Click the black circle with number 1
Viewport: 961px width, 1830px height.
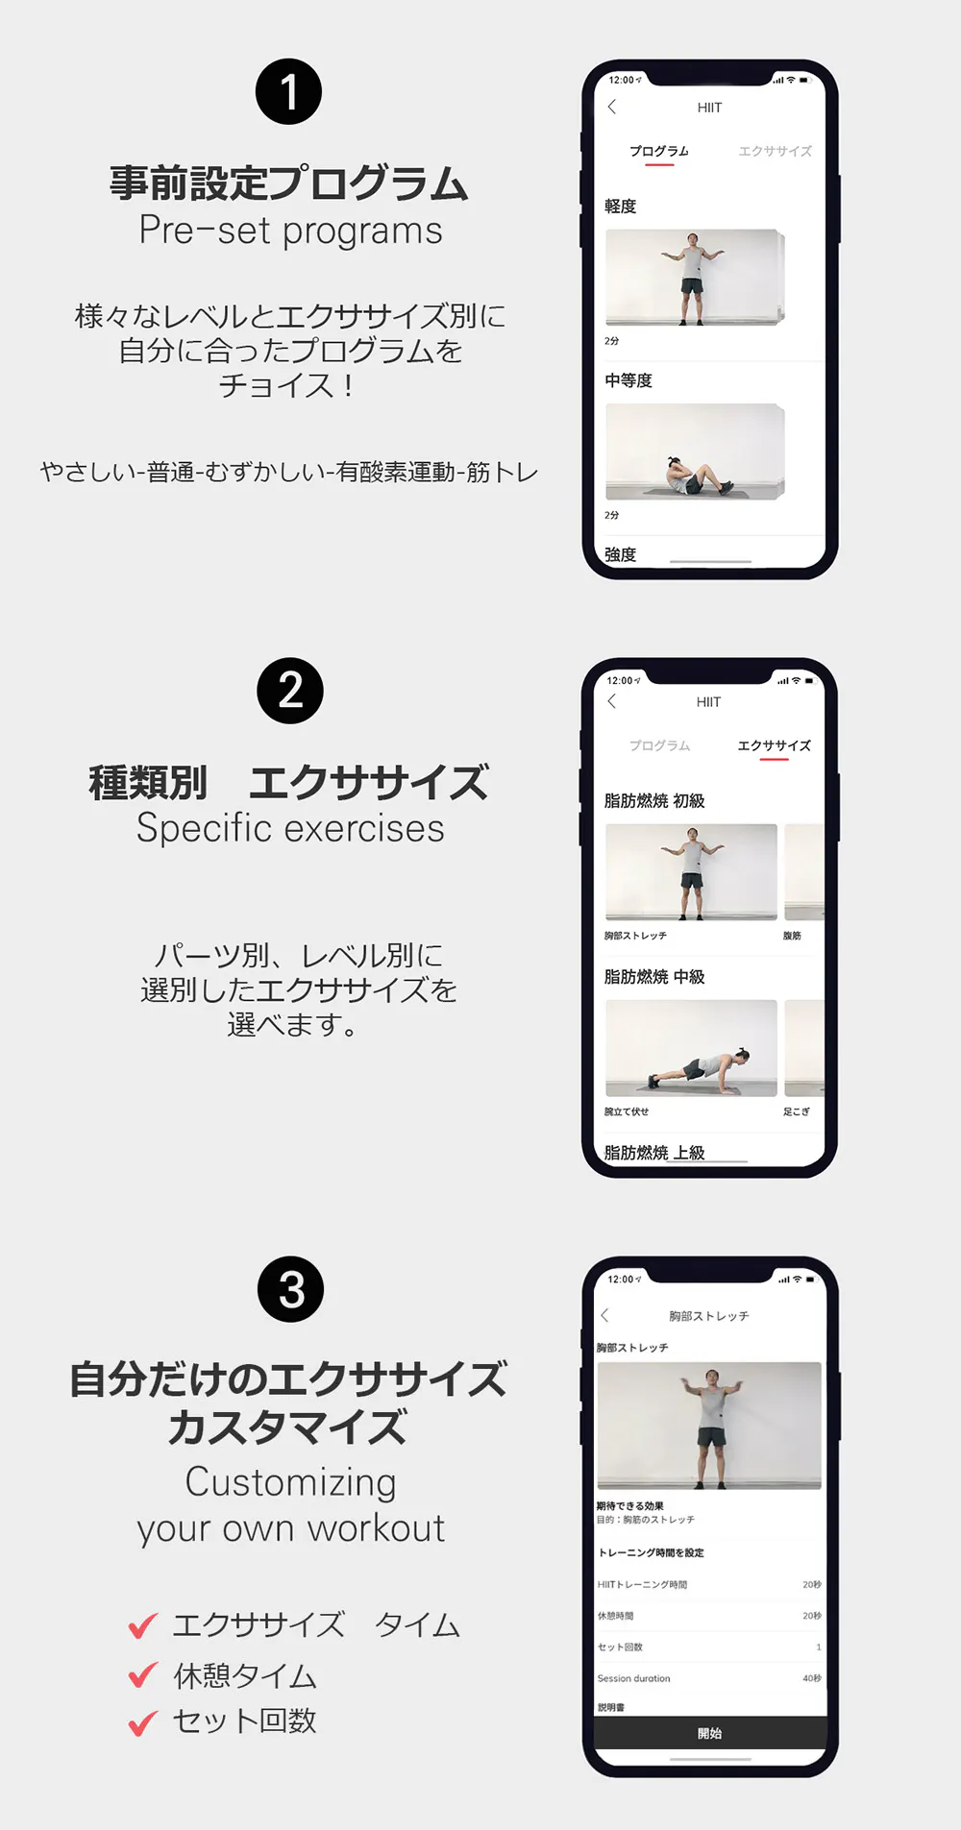(288, 92)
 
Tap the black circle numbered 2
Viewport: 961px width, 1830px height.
(290, 691)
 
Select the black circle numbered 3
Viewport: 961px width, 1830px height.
(291, 1289)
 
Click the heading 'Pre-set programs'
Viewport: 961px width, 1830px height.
(290, 231)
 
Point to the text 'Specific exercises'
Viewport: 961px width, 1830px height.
(290, 828)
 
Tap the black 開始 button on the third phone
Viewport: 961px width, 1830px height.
(710, 1733)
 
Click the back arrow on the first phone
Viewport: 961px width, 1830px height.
(612, 107)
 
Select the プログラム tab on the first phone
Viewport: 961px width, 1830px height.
(659, 151)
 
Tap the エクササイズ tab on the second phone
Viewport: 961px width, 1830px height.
(774, 745)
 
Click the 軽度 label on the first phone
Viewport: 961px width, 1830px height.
(620, 207)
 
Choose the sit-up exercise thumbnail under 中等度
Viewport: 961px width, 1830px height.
(695, 451)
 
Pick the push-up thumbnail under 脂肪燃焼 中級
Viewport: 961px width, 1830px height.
(691, 1048)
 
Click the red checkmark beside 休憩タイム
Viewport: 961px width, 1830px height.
(143, 1674)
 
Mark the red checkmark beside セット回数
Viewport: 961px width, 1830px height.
(143, 1722)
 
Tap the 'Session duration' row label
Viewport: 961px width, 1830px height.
(633, 1678)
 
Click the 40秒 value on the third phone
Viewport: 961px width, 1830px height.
(812, 1678)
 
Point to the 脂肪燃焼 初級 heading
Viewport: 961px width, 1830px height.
(654, 801)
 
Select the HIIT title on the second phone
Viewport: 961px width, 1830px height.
(708, 702)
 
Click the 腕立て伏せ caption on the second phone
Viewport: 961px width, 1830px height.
(627, 1111)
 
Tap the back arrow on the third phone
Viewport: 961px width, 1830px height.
(604, 1315)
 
